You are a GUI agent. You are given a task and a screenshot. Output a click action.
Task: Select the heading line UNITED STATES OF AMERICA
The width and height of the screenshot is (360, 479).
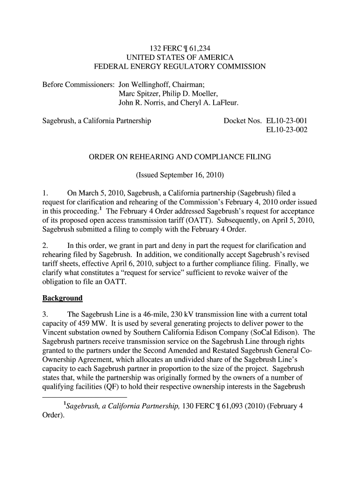180,57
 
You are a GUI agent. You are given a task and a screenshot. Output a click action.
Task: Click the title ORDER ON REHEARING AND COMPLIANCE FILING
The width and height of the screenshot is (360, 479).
180,157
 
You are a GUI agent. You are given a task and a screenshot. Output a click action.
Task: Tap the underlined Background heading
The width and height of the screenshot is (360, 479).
63,298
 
